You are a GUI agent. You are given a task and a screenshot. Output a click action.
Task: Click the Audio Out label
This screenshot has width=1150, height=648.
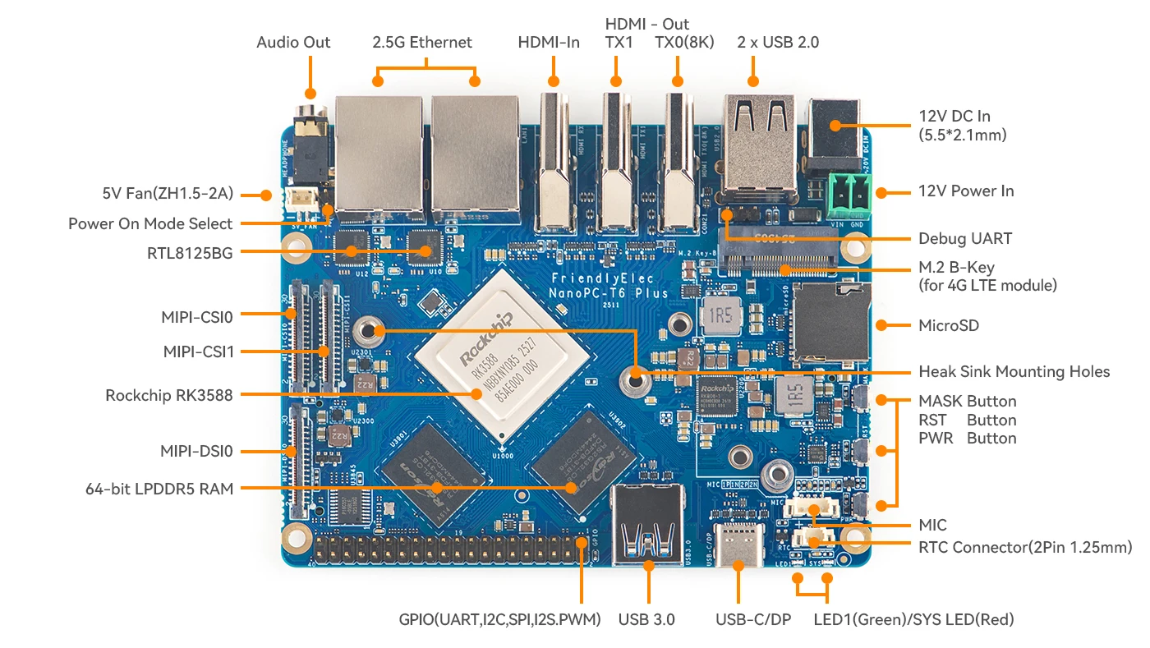(x=293, y=43)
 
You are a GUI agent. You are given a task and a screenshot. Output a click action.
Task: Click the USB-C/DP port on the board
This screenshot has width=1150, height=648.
(x=736, y=544)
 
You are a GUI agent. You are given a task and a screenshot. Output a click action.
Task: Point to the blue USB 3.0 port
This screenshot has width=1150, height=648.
(x=648, y=526)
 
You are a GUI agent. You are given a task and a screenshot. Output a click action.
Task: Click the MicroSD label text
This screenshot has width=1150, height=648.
(x=949, y=325)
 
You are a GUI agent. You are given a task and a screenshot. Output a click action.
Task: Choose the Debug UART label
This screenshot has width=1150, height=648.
(x=965, y=239)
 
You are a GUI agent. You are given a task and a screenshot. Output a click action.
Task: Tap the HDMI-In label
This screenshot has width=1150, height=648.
(x=549, y=43)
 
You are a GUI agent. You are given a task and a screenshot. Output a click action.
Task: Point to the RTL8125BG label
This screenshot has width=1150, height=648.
(x=190, y=253)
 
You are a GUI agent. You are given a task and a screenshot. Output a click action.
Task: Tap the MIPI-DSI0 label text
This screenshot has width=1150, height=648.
(x=197, y=451)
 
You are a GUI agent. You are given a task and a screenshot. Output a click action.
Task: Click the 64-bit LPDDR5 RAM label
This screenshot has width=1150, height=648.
(x=159, y=489)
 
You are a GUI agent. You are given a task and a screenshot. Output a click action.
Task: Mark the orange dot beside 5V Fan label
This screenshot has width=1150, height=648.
(x=265, y=195)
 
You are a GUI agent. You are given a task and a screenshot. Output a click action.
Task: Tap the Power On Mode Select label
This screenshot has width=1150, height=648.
(x=150, y=223)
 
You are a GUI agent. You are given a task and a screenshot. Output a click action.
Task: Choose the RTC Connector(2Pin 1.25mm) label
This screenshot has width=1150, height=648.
(x=1025, y=547)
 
